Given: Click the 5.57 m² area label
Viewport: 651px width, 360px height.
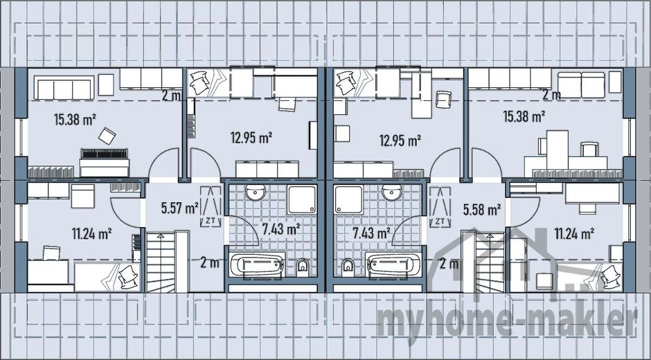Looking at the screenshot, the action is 179,208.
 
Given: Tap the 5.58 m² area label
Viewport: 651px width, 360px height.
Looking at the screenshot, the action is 481,210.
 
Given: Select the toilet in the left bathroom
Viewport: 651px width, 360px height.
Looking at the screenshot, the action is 303,267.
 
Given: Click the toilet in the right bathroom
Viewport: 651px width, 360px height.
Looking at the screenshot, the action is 348,267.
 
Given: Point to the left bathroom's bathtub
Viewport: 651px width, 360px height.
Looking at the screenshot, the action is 258,265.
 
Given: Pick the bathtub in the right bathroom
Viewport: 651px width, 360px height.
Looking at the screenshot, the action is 393,265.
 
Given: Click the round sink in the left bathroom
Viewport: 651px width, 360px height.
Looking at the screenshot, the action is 255,192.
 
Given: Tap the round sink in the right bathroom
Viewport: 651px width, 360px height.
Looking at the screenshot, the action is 392,192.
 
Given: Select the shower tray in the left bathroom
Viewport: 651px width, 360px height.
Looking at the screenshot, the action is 302,199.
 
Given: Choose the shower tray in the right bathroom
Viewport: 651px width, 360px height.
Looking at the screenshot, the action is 349,199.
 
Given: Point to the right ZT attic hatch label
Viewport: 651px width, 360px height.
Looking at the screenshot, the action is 440,222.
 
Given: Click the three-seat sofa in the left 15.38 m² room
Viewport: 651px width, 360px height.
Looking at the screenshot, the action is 64,88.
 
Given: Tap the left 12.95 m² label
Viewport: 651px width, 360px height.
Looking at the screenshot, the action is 251,138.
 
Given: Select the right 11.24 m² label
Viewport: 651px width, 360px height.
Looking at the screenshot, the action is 574,234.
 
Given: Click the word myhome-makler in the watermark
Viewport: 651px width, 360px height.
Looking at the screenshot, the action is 508,321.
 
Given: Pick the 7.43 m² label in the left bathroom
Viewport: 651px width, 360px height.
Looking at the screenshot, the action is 281,228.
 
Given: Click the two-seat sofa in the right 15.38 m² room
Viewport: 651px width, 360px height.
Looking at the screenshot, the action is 581,85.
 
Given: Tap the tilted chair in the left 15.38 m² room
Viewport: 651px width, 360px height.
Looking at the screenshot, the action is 107,136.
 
